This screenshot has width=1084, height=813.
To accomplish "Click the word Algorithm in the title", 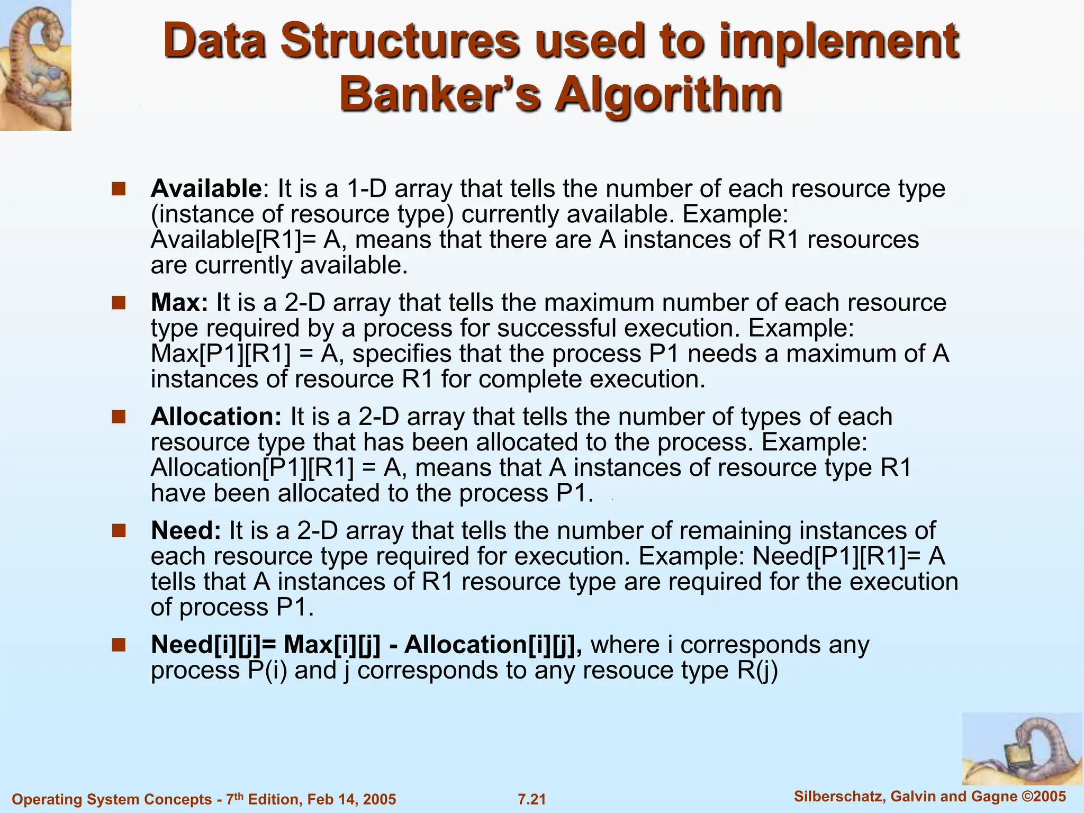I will [668, 95].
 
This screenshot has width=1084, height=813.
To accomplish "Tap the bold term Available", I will [206, 189].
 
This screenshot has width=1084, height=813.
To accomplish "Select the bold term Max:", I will [179, 303].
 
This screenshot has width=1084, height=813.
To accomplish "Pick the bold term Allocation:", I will [216, 417].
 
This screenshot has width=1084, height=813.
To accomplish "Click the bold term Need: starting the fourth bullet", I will [186, 531].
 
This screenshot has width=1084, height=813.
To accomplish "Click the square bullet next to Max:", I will [119, 303].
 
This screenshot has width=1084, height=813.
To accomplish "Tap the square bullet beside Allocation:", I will [119, 417].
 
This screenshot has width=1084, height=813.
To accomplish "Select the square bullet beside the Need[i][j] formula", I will [119, 645].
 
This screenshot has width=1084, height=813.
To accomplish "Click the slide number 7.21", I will [531, 799].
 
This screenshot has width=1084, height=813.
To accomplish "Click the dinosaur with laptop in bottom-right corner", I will [1022, 749].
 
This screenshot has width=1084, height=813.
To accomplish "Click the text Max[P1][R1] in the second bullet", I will [221, 354].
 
